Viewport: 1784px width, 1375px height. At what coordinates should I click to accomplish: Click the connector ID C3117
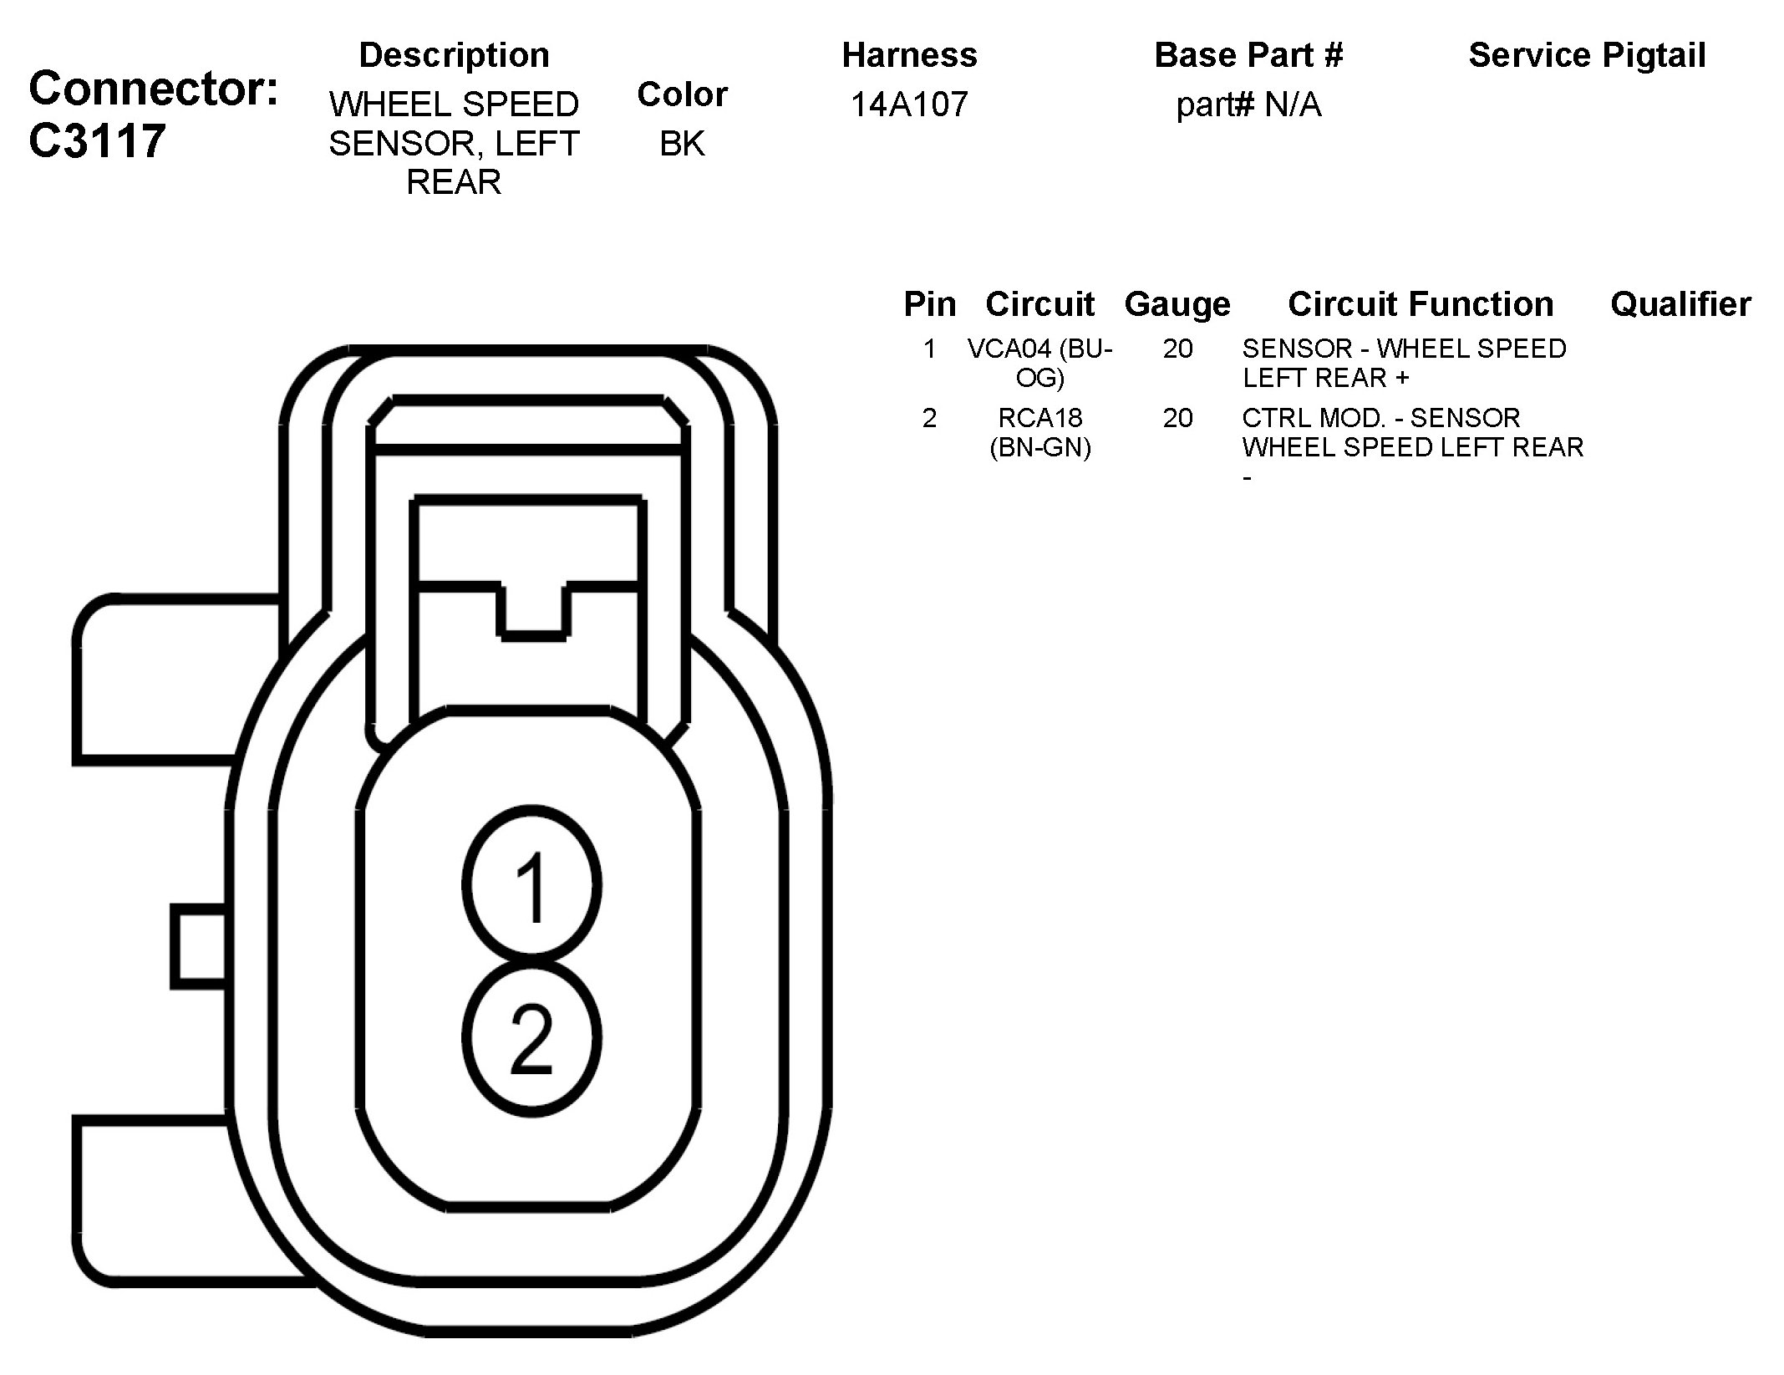pyautogui.click(x=97, y=140)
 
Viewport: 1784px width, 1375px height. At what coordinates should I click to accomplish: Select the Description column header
pyautogui.click(x=454, y=55)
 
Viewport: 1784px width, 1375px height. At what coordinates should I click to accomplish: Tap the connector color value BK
pyautogui.click(x=682, y=144)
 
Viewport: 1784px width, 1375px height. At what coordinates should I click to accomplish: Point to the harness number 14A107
pyautogui.click(x=909, y=104)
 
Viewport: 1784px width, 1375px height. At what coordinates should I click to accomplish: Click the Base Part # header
pyautogui.click(x=1248, y=55)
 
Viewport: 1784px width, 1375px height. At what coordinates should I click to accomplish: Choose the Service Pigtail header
pyautogui.click(x=1587, y=55)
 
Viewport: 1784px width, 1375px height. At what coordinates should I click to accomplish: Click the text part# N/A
pyautogui.click(x=1248, y=104)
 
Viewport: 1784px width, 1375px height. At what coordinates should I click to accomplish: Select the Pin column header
pyautogui.click(x=929, y=304)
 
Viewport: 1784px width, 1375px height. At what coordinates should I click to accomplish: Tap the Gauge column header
pyautogui.click(x=1177, y=304)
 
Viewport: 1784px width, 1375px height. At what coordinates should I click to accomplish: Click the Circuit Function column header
pyautogui.click(x=1421, y=304)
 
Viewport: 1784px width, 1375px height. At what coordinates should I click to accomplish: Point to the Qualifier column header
pyautogui.click(x=1680, y=304)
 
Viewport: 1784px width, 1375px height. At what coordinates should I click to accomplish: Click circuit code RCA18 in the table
pyautogui.click(x=1040, y=417)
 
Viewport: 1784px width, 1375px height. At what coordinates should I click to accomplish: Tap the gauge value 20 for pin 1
pyautogui.click(x=1177, y=349)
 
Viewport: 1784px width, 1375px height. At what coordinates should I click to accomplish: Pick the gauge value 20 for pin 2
pyautogui.click(x=1177, y=417)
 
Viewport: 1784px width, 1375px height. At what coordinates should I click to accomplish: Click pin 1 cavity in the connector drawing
pyautogui.click(x=531, y=885)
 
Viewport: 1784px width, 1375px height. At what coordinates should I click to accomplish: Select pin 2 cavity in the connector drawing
pyautogui.click(x=531, y=1038)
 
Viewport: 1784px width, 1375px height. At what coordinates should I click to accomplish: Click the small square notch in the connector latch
pyautogui.click(x=534, y=610)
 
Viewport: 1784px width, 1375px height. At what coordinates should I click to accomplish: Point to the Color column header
pyautogui.click(x=682, y=94)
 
